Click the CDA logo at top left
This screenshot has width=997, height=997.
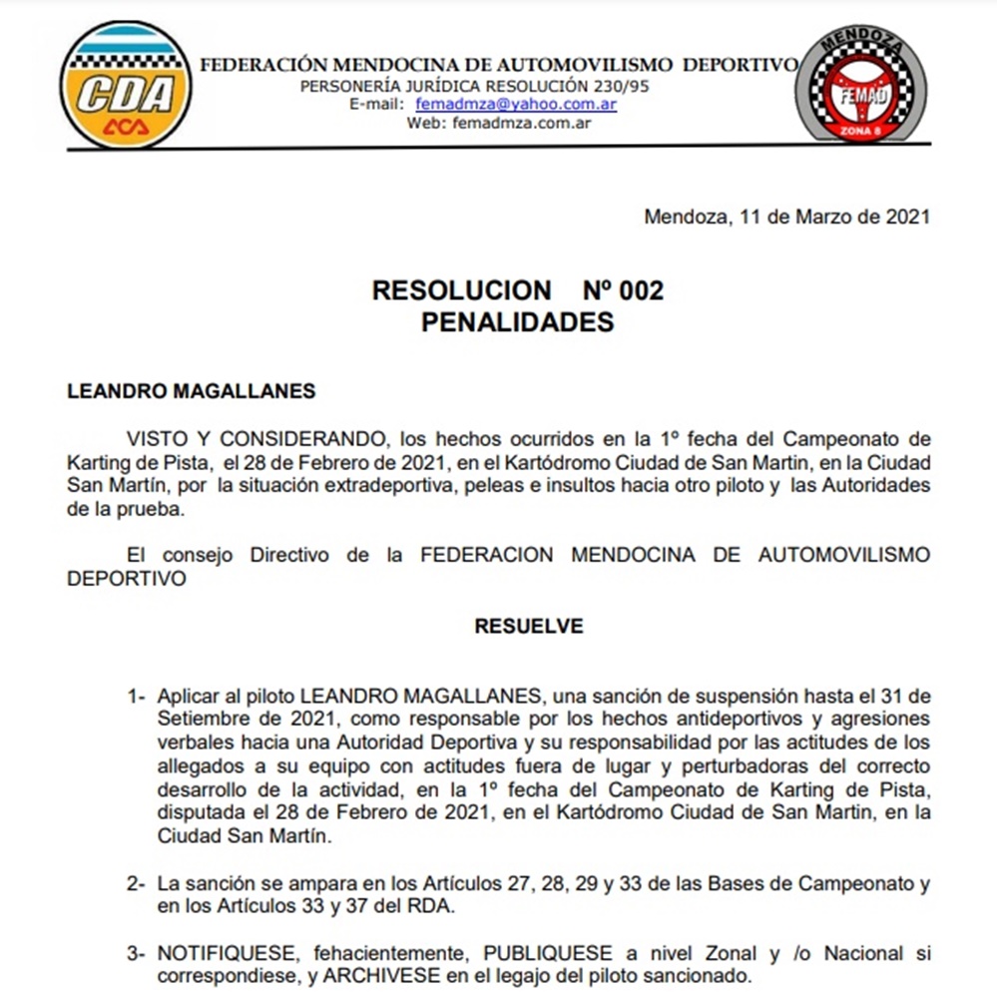(125, 86)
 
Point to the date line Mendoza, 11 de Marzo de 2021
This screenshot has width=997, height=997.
(786, 217)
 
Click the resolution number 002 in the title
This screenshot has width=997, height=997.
(641, 290)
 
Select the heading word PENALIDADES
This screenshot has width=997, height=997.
(517, 322)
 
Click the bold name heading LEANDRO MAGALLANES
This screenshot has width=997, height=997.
(191, 391)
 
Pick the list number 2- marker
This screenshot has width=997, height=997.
(137, 884)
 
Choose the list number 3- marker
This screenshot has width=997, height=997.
(137, 955)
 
